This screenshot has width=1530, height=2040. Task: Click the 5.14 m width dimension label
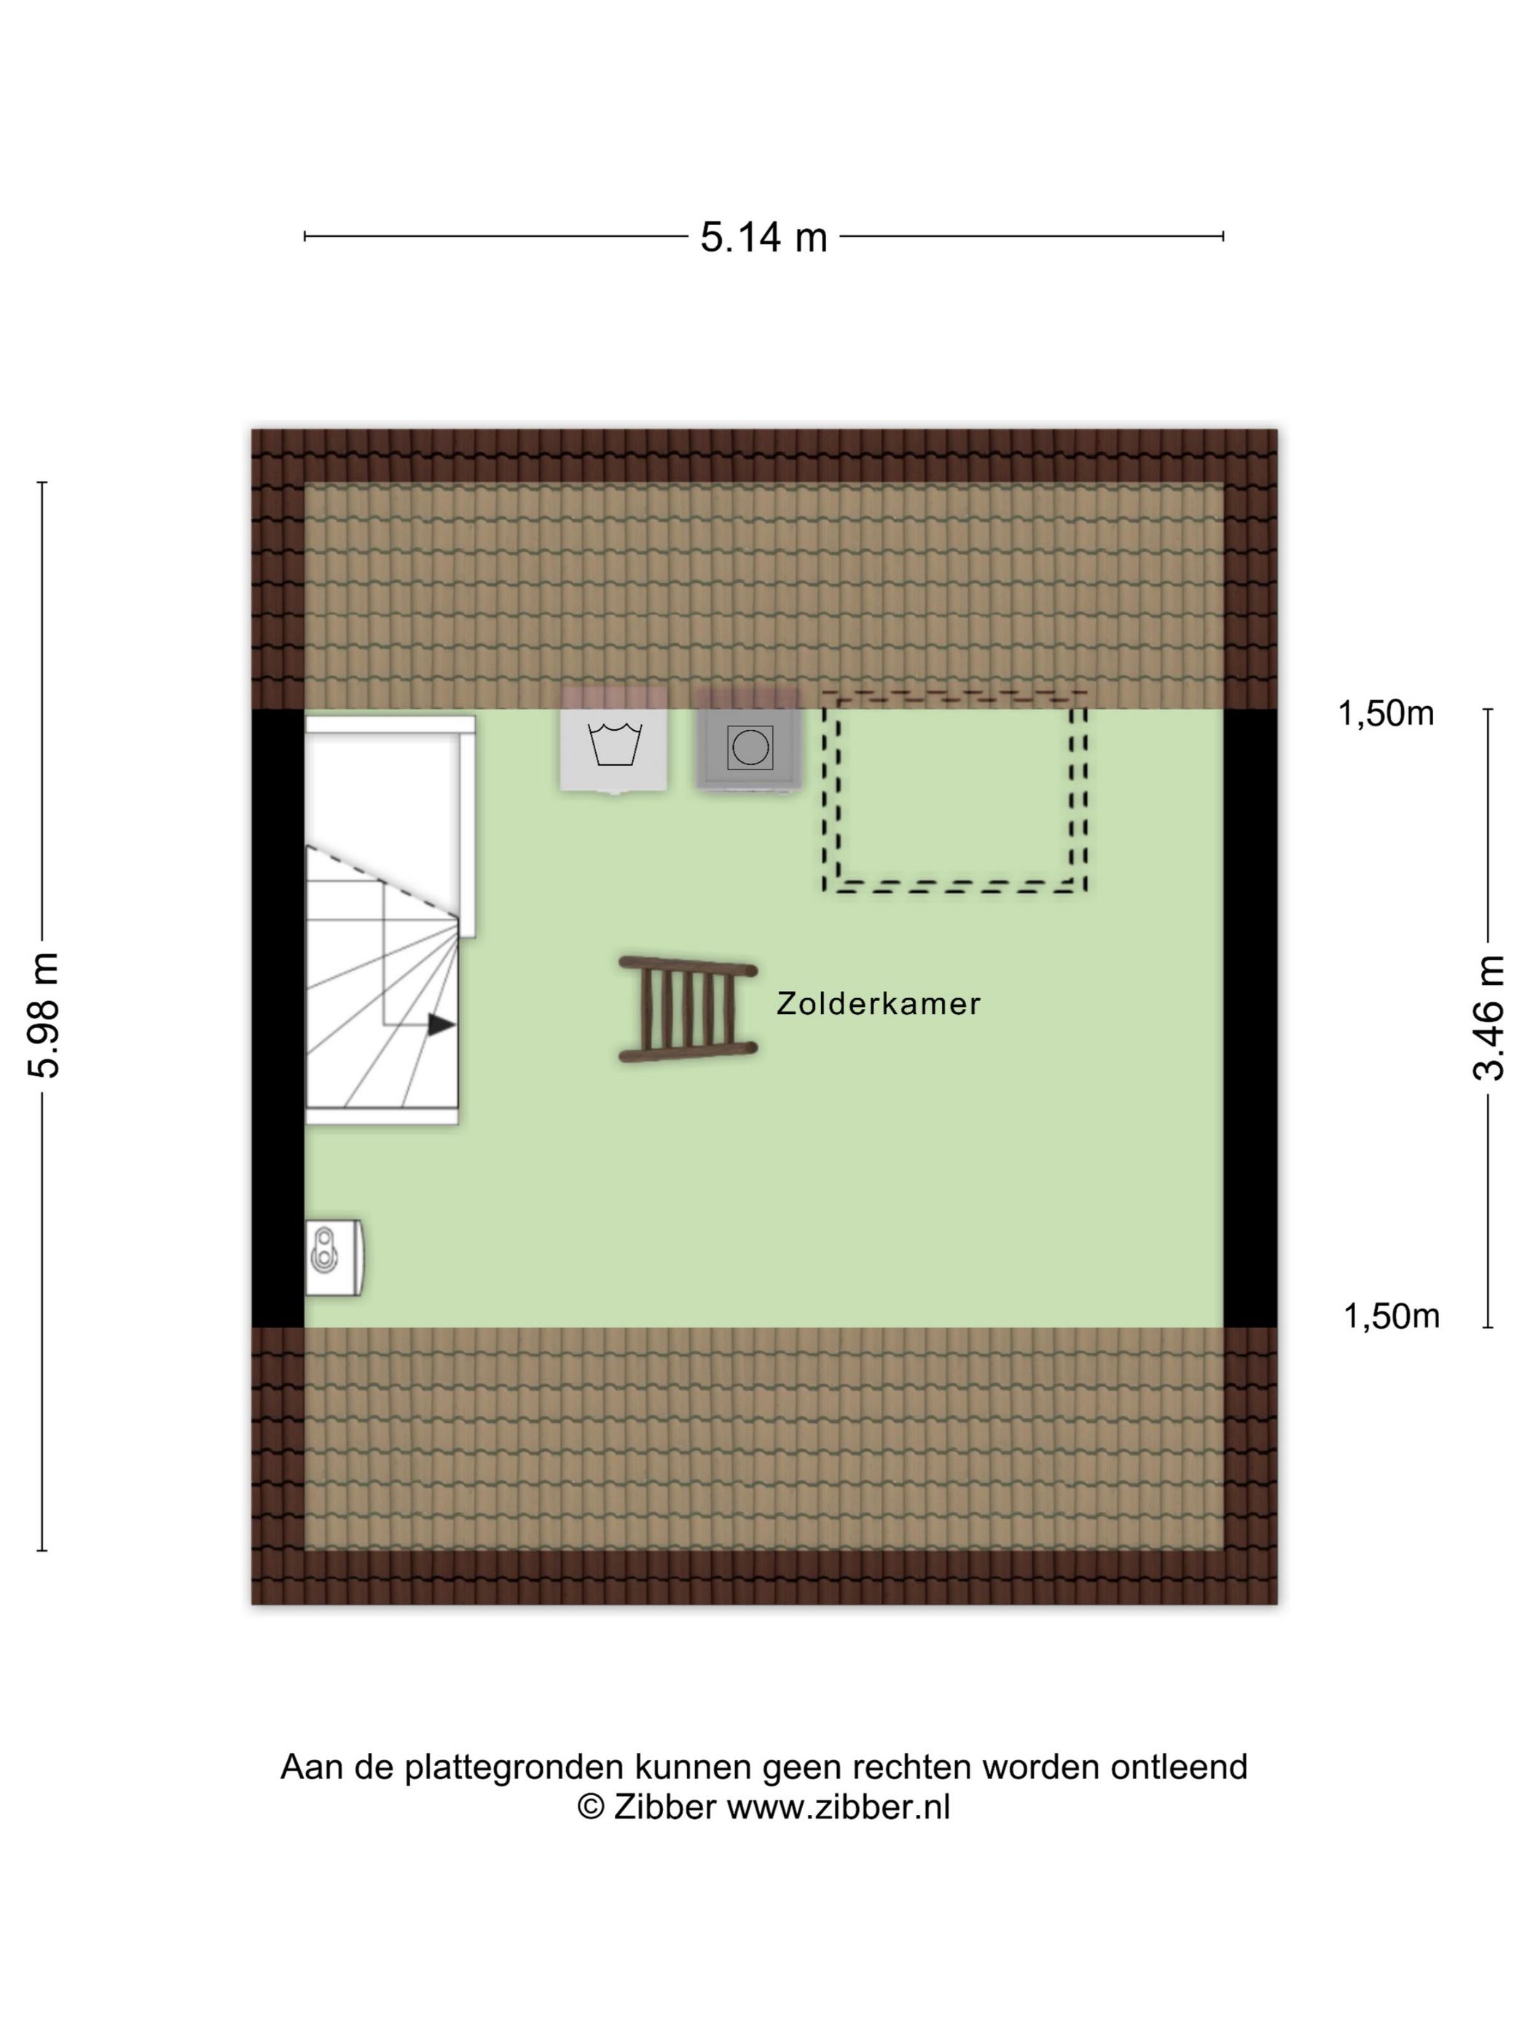point(764,237)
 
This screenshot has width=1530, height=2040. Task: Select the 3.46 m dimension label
point(1488,1018)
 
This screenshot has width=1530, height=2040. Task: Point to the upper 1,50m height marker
point(1385,714)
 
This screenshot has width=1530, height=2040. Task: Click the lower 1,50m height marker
point(1391,1316)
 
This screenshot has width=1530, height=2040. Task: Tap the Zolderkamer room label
point(878,1003)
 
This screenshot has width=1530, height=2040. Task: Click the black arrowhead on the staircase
point(442,1024)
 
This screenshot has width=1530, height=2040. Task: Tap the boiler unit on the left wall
point(333,1257)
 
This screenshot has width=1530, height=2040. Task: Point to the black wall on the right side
point(1250,1018)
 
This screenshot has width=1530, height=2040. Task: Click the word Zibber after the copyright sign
point(664,1832)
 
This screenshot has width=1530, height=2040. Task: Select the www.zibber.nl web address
point(839,1832)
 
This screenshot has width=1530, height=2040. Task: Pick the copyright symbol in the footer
point(590,1832)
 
